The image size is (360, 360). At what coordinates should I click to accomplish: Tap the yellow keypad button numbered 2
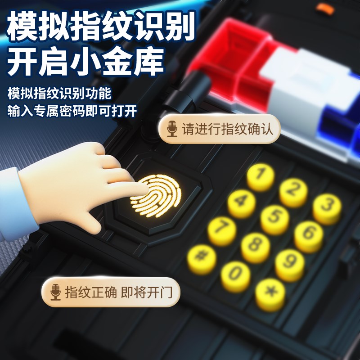pos(293,190)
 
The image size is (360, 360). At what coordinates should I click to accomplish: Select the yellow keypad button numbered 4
pos(241,201)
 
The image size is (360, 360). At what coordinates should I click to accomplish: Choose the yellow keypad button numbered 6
pos(309,234)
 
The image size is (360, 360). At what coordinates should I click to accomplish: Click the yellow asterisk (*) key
pos(270,293)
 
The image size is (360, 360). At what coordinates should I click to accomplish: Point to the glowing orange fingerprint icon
pos(156,196)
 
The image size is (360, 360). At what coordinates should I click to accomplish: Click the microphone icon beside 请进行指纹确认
pos(171,129)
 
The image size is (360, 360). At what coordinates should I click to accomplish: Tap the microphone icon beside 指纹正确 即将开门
pos(55,292)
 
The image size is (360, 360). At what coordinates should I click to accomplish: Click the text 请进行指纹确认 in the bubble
pos(227,129)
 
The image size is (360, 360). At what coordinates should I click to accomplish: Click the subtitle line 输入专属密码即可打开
pos(72,111)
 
